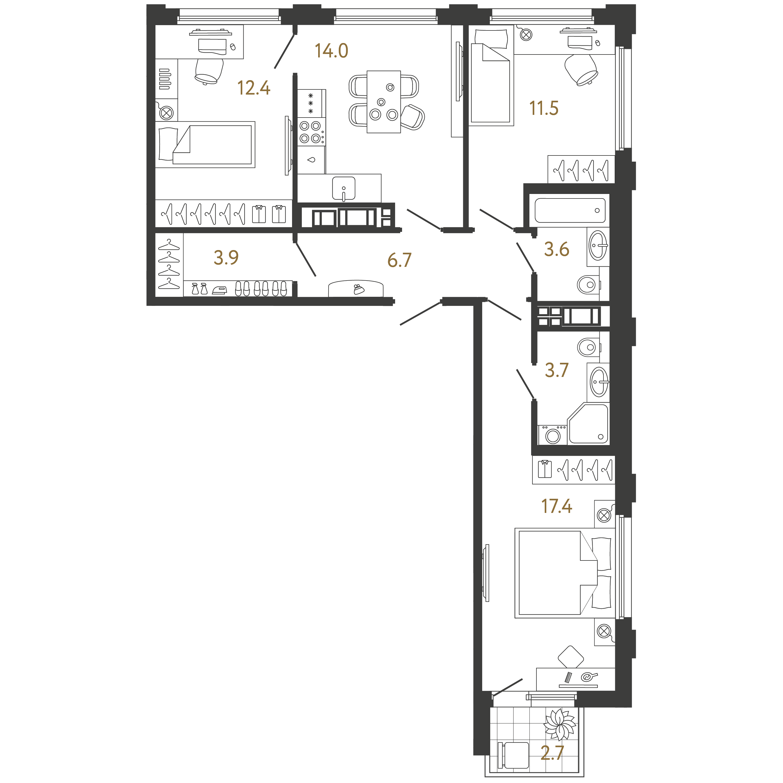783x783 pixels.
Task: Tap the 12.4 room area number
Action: tap(254, 88)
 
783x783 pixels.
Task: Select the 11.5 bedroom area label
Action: tap(544, 108)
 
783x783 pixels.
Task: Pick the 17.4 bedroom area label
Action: tap(556, 506)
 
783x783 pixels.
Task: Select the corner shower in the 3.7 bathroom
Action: tap(588, 423)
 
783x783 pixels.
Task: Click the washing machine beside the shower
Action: tap(552, 435)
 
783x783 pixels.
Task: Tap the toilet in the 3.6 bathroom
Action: tap(589, 285)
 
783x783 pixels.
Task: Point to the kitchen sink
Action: tap(344, 188)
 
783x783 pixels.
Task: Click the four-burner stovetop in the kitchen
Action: tap(311, 132)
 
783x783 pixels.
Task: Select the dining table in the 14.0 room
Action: tap(384, 102)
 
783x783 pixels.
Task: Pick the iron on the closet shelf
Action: tap(220, 290)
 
